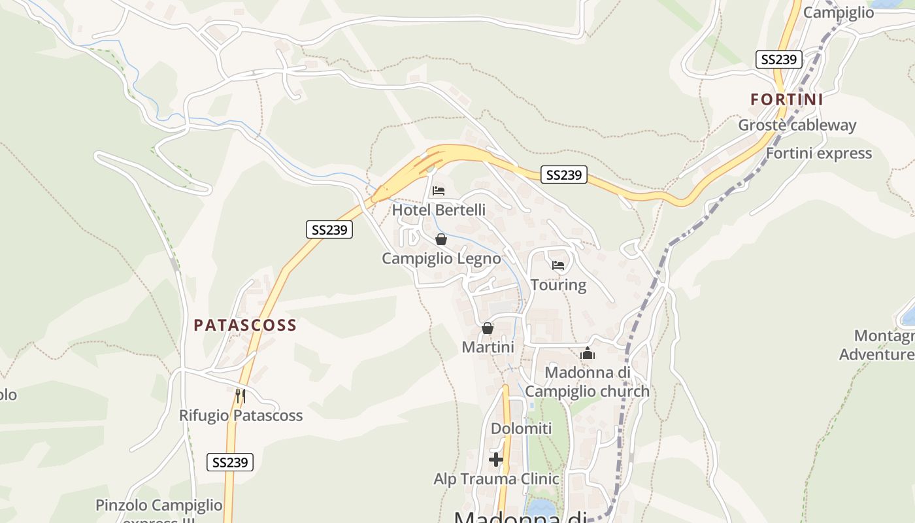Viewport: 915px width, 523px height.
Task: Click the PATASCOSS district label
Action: pyautogui.click(x=245, y=325)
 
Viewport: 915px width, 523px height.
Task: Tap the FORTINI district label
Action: pyautogui.click(x=786, y=99)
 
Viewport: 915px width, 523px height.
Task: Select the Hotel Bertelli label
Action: pyautogui.click(x=439, y=210)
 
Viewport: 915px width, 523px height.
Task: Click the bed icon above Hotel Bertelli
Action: pyautogui.click(x=439, y=191)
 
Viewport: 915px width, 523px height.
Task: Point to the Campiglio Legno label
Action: pyautogui.click(x=441, y=258)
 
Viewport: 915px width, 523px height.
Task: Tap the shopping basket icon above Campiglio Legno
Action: pyautogui.click(x=441, y=239)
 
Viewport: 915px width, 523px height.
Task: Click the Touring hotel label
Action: pyautogui.click(x=558, y=284)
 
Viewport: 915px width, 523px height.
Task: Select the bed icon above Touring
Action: pyautogui.click(x=558, y=265)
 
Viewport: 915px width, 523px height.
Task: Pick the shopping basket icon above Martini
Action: pyautogui.click(x=488, y=328)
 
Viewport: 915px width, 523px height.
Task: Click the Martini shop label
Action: pyautogui.click(x=488, y=347)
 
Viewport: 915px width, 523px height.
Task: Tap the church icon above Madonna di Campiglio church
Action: pyautogui.click(x=588, y=354)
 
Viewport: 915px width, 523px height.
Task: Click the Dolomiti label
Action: pyautogui.click(x=522, y=429)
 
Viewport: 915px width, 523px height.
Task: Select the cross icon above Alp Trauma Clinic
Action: pyautogui.click(x=496, y=460)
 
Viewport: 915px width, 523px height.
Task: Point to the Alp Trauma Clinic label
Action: pyautogui.click(x=496, y=479)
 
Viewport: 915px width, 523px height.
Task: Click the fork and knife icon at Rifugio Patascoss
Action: pyautogui.click(x=241, y=396)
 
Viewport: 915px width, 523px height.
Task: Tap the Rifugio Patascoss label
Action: pyautogui.click(x=241, y=415)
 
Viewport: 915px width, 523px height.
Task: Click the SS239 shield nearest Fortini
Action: pyautogui.click(x=778, y=59)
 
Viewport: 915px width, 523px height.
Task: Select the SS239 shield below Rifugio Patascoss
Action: pyautogui.click(x=230, y=462)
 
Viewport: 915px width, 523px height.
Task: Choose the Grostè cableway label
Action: pyautogui.click(x=797, y=125)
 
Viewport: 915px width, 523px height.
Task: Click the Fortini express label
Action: pyautogui.click(x=818, y=153)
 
